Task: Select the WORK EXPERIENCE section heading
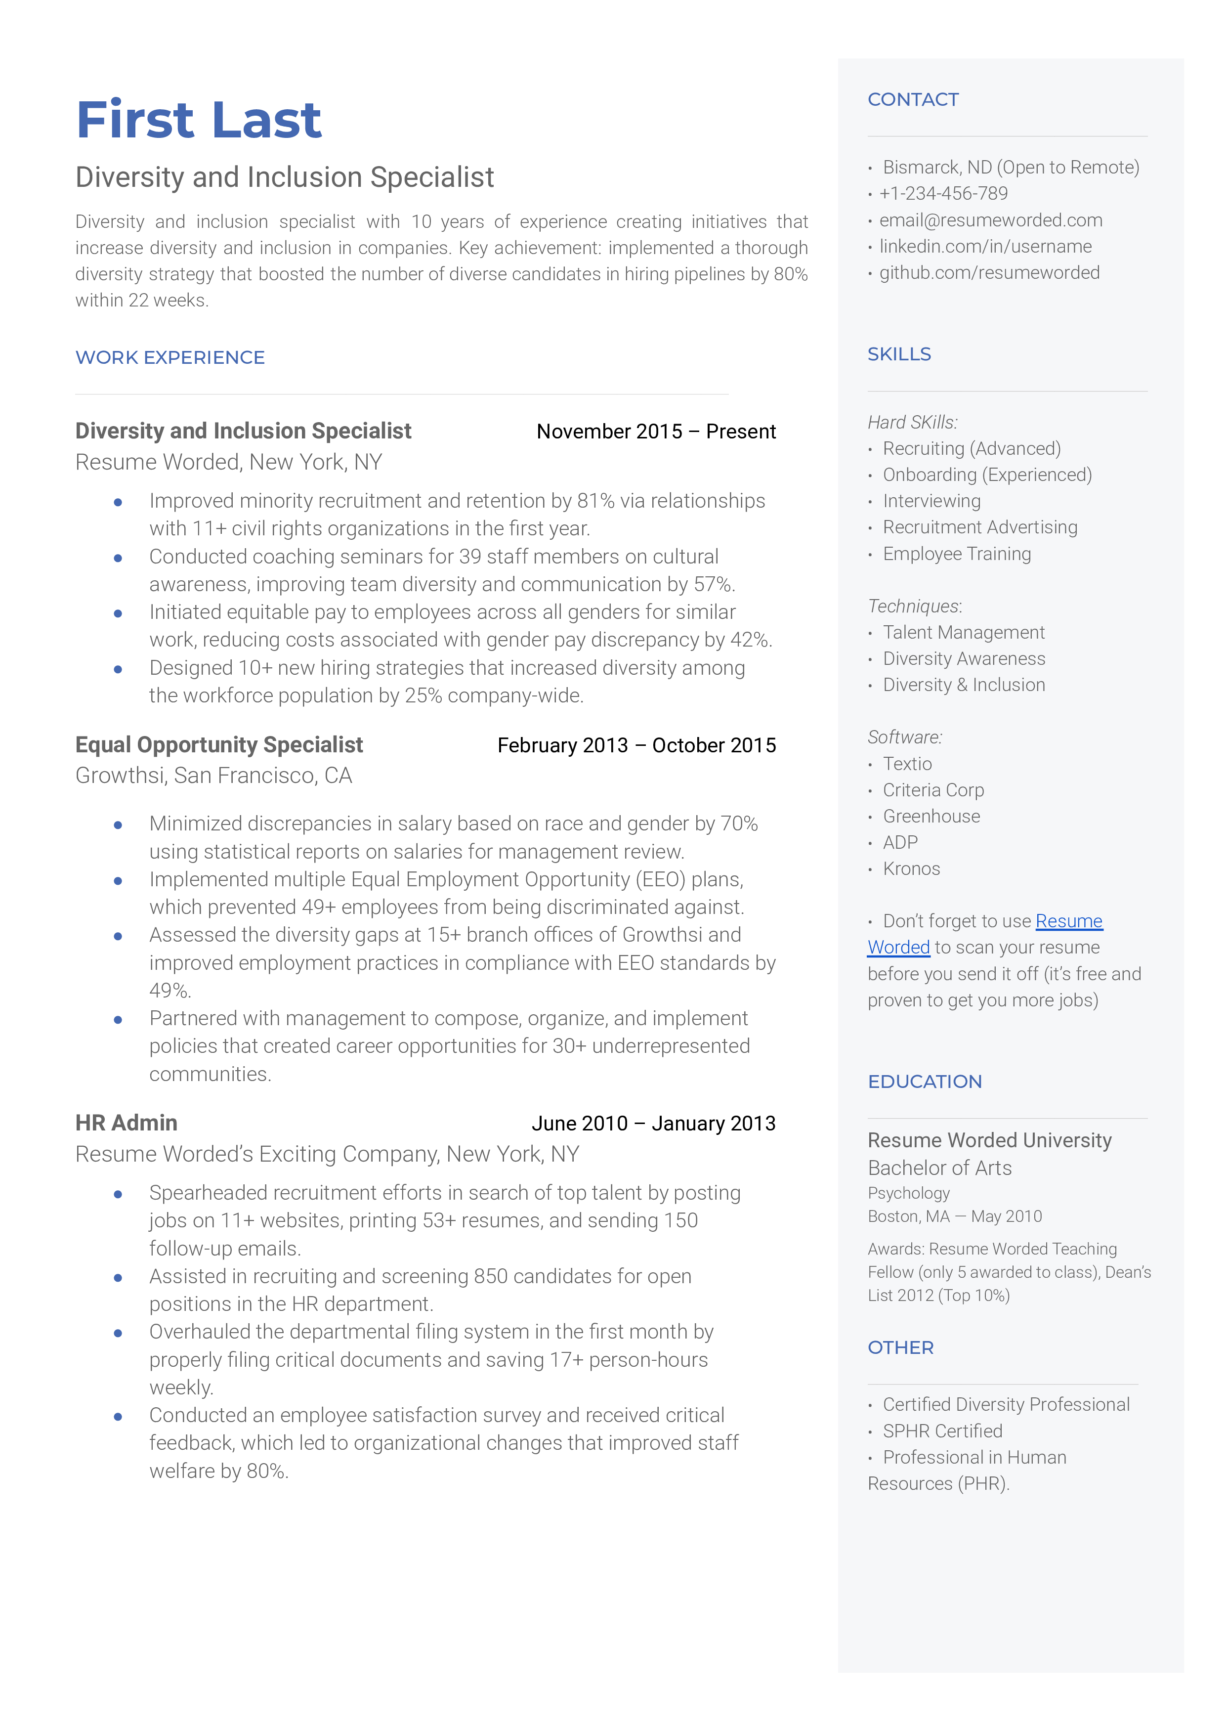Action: pyautogui.click(x=170, y=357)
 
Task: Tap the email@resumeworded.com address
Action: pyautogui.click(x=990, y=220)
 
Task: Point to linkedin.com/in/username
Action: pyautogui.click(x=985, y=246)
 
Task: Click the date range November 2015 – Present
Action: pyautogui.click(x=655, y=432)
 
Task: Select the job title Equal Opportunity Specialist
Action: pyautogui.click(x=219, y=745)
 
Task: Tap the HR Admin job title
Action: pyautogui.click(x=126, y=1123)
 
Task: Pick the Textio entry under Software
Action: pyautogui.click(x=907, y=764)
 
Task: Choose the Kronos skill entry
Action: pyautogui.click(x=911, y=869)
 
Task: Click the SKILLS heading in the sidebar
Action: pyautogui.click(x=899, y=354)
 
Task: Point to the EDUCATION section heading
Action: pyautogui.click(x=925, y=1081)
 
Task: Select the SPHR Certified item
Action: pyautogui.click(x=942, y=1431)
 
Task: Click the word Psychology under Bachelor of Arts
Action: pyautogui.click(x=908, y=1193)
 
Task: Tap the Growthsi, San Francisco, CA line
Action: pyautogui.click(x=214, y=776)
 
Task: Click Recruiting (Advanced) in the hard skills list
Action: pyautogui.click(x=972, y=449)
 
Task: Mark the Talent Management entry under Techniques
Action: pyautogui.click(x=963, y=632)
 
